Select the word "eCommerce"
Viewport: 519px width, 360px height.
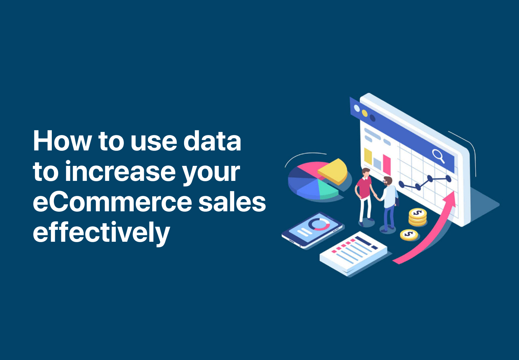tap(112, 203)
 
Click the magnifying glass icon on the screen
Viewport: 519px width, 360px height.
tap(438, 155)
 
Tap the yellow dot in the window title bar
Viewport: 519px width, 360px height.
tap(365, 113)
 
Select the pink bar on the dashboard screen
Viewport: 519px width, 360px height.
tap(387, 164)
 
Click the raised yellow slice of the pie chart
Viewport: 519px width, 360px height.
tap(334, 171)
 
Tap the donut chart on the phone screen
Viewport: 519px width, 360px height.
tap(318, 224)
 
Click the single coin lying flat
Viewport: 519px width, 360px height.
tap(409, 234)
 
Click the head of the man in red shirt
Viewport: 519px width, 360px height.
tap(366, 172)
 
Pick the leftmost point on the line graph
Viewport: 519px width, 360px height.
tap(401, 184)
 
